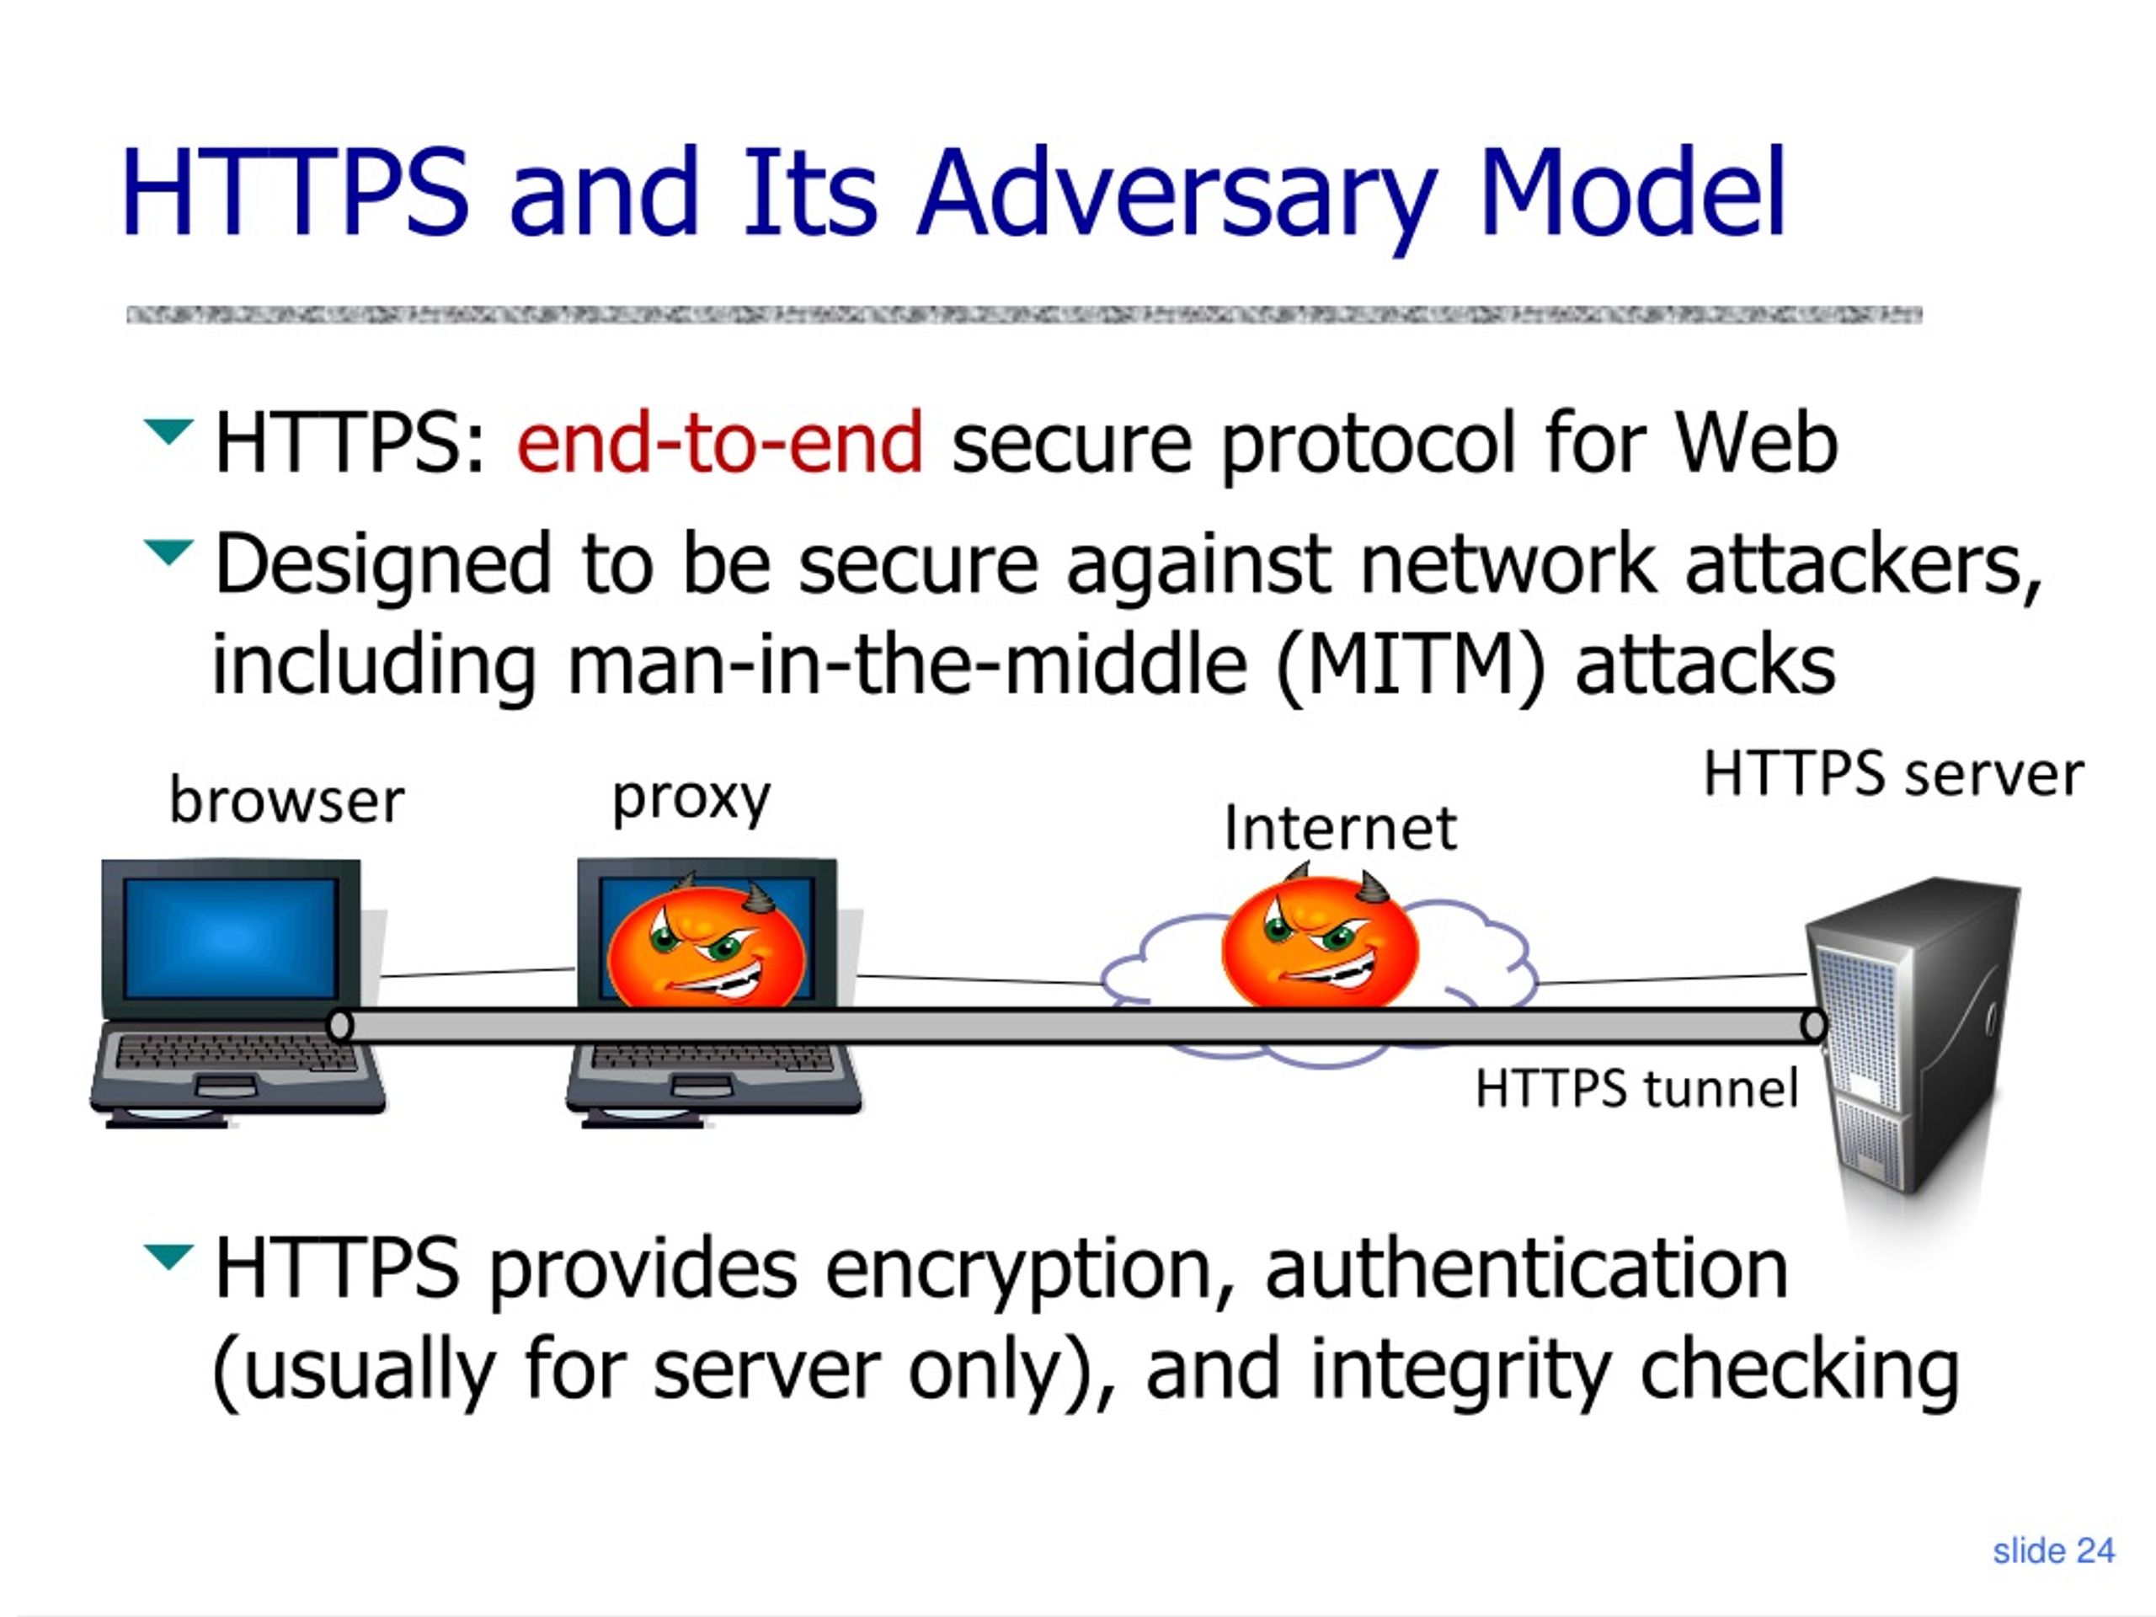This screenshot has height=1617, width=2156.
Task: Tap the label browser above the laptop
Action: coord(286,801)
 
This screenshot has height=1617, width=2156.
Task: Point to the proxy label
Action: coord(691,800)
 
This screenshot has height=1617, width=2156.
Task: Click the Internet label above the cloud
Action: coord(1340,828)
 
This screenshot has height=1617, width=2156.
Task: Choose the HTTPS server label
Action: coord(1893,776)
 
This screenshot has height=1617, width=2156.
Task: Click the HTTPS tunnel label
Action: coord(1636,1089)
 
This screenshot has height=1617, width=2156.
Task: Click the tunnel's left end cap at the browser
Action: coord(340,1026)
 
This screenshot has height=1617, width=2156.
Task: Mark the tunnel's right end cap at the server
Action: coord(1814,1026)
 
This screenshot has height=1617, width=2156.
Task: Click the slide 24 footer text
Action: coord(2053,1550)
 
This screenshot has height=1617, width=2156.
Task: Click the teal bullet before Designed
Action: coord(168,552)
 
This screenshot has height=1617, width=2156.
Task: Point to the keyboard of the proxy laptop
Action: coord(712,1058)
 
